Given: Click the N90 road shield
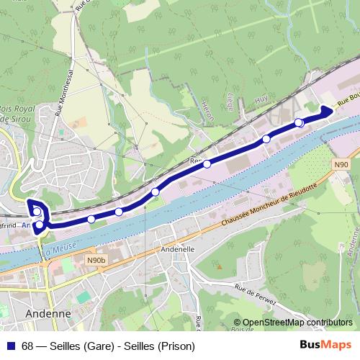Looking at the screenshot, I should click(342, 165).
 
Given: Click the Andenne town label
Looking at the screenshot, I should click(47, 313).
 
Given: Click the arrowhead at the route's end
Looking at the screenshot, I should click(326, 110).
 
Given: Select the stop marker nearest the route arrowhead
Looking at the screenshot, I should click(299, 122).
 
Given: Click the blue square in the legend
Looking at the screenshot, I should click(11, 346).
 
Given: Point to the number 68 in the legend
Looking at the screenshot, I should click(28, 346).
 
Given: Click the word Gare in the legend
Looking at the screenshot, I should click(99, 346).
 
